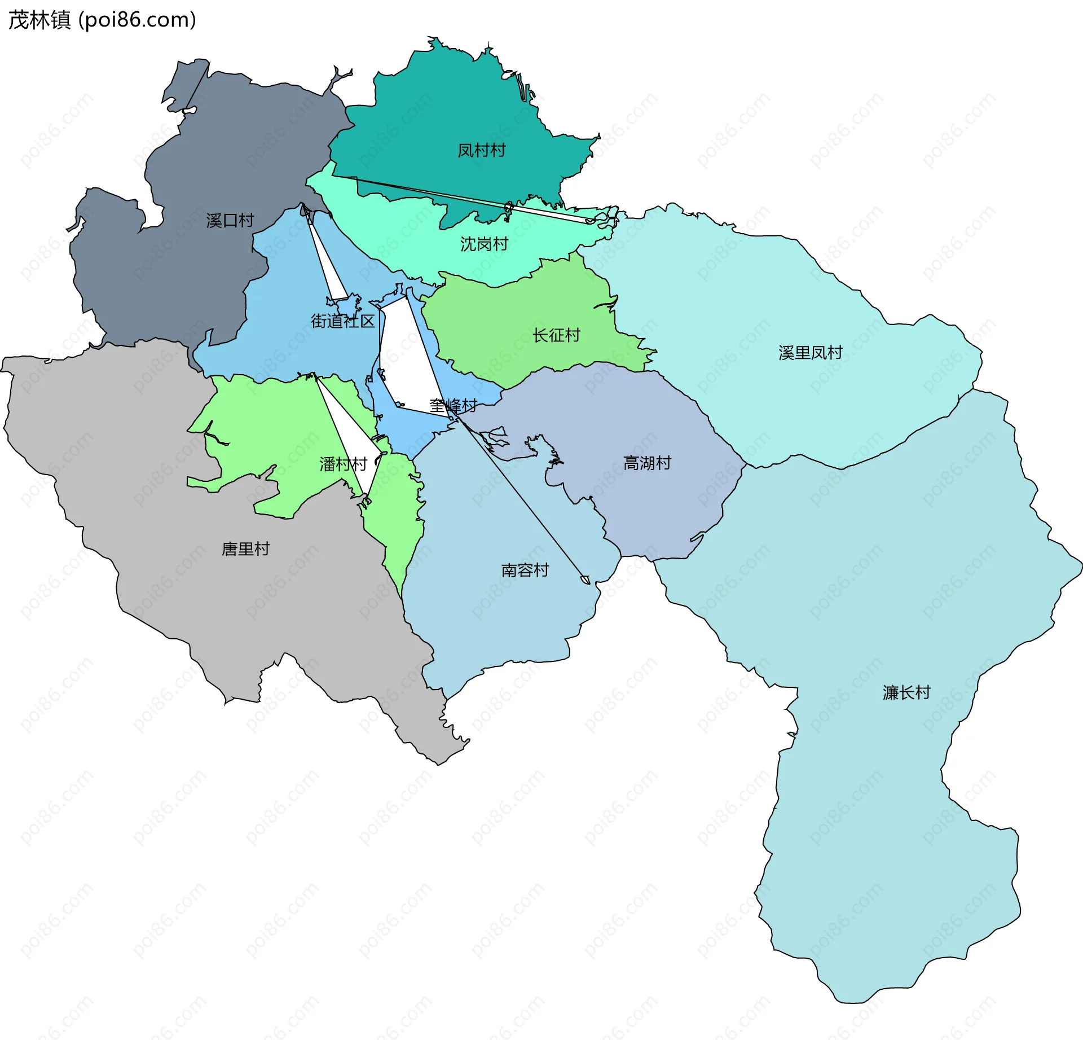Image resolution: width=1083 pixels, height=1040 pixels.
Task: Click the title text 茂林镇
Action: [x=39, y=20]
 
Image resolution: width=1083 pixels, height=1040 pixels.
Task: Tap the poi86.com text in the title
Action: [x=137, y=20]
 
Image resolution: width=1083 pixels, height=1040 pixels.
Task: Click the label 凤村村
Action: [x=481, y=151]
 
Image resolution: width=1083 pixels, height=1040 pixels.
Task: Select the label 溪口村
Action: [x=230, y=221]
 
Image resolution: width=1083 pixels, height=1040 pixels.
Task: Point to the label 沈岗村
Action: [x=484, y=244]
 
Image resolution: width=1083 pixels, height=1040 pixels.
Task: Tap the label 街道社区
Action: [x=343, y=322]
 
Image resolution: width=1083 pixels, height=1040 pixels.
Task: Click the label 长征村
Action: [x=556, y=336]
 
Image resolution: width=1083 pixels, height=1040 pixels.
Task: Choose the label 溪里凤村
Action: [x=810, y=353]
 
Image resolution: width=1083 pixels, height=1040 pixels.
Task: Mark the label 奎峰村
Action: [x=453, y=406]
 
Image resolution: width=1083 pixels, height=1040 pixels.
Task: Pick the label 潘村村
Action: [x=343, y=464]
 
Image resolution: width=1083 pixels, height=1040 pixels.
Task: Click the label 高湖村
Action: [x=647, y=463]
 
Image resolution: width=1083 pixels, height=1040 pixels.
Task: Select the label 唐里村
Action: [x=245, y=549]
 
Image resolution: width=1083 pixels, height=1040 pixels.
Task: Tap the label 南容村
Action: [x=525, y=571]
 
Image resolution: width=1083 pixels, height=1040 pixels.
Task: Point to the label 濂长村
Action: [x=906, y=693]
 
